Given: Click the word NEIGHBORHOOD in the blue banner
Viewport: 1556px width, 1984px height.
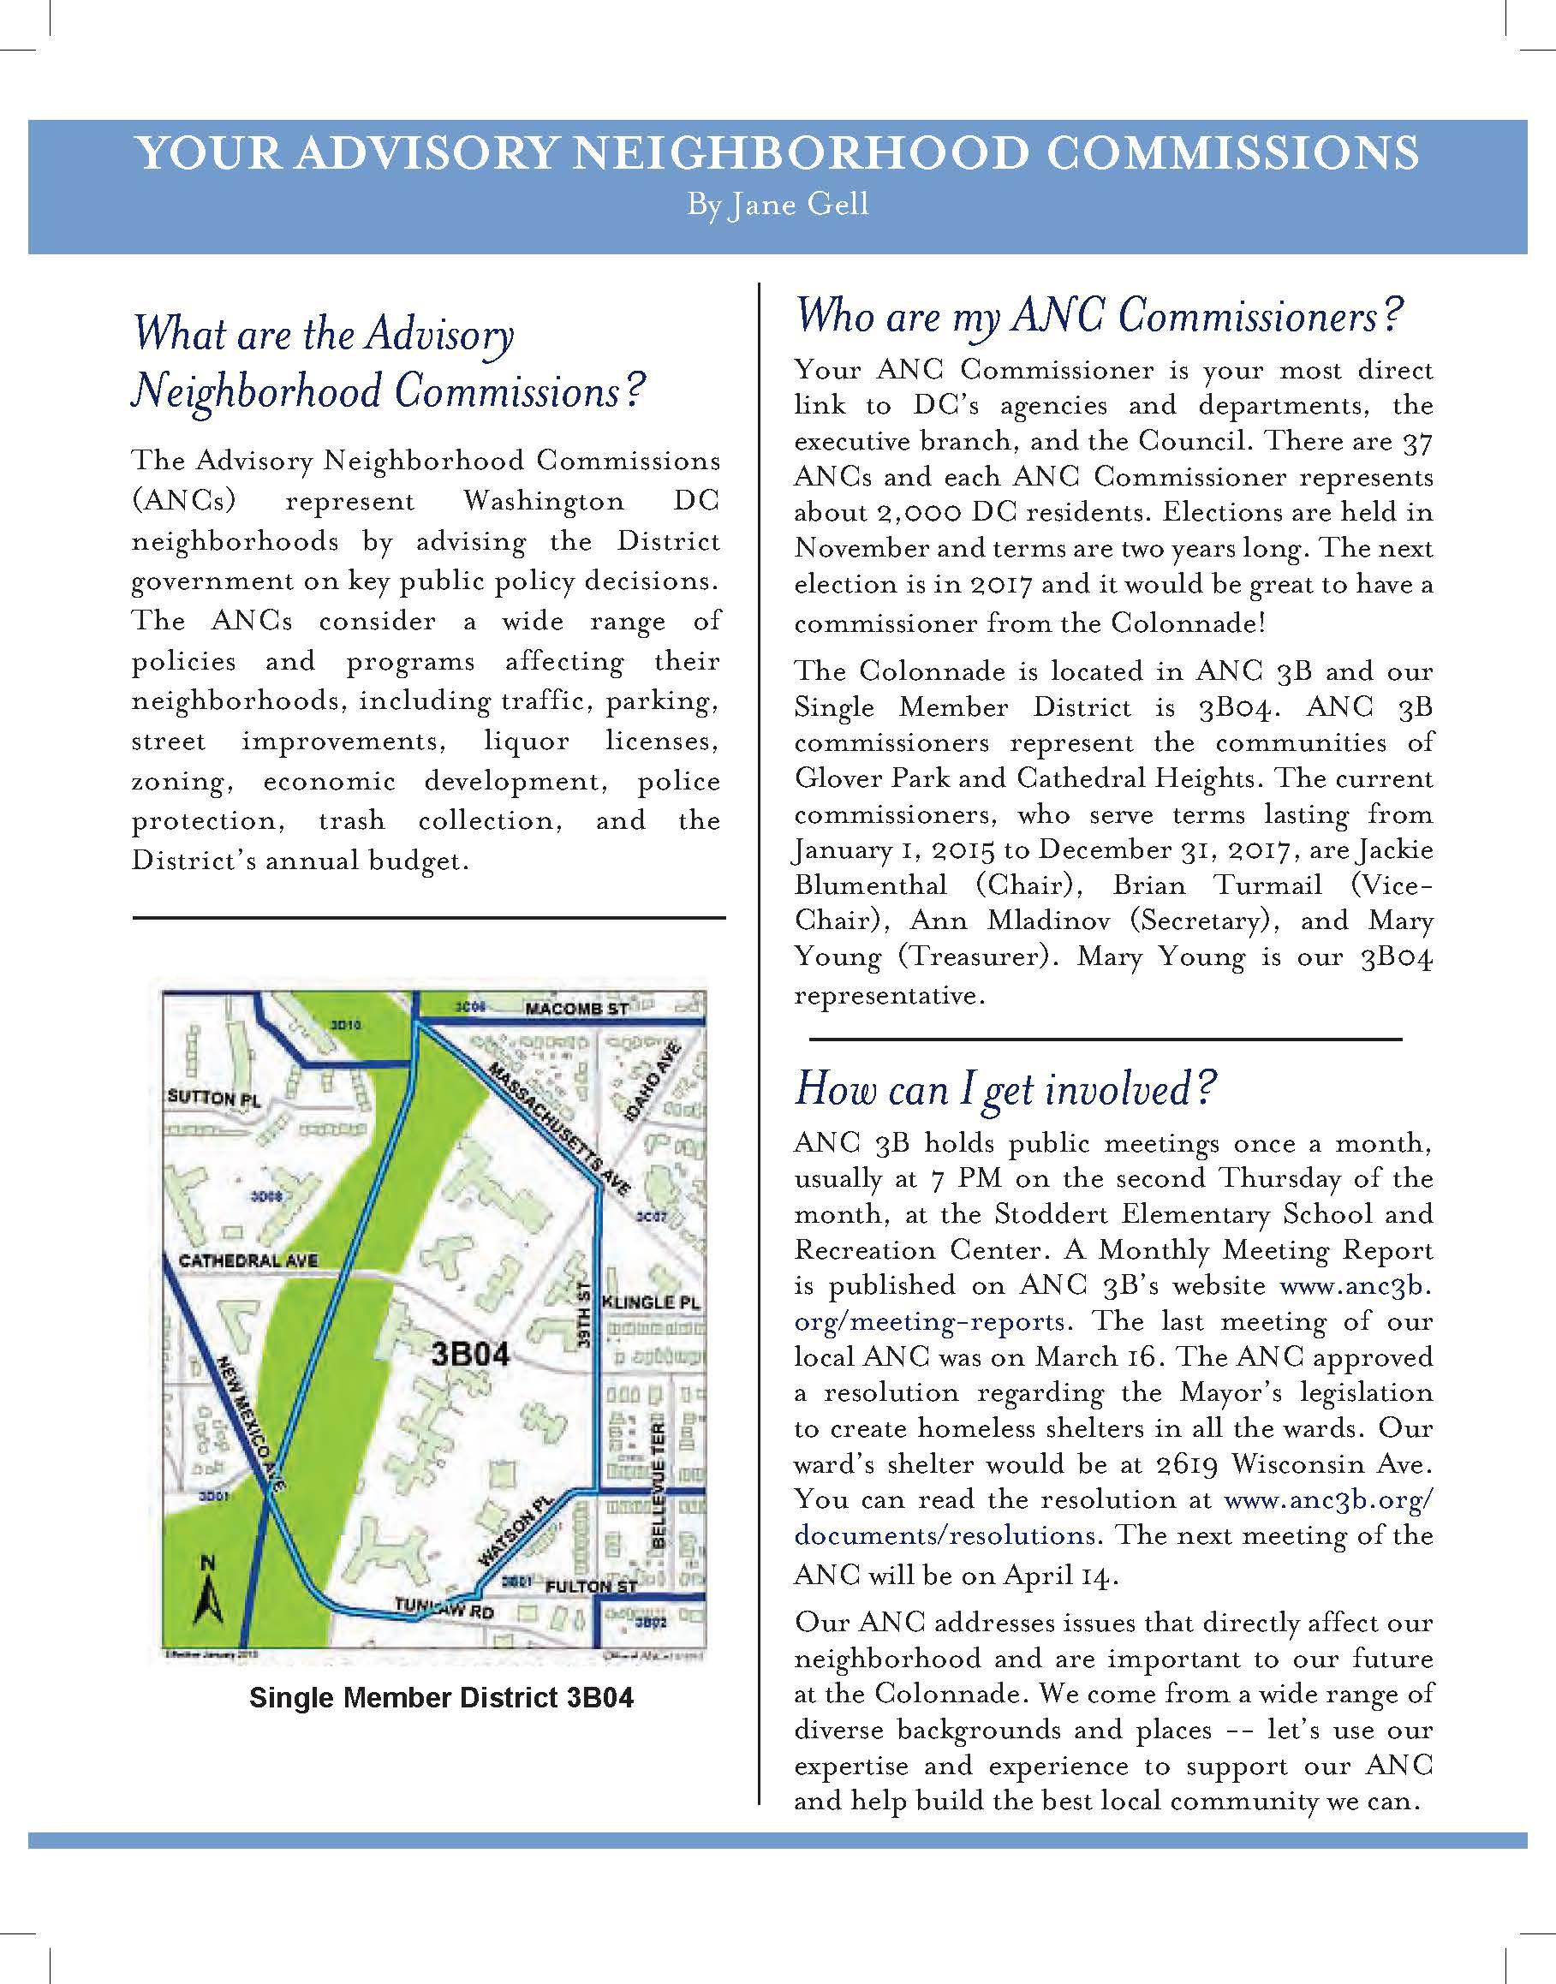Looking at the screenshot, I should tap(802, 153).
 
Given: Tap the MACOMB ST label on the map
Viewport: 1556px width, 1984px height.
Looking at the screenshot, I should tap(576, 1009).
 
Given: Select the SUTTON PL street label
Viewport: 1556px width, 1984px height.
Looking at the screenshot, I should tap(213, 1098).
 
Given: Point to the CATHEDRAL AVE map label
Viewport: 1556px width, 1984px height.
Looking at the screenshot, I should tap(247, 1260).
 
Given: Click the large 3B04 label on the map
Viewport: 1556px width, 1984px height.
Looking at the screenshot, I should tap(470, 1354).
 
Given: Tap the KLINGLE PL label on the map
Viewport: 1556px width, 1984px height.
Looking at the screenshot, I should tap(652, 1302).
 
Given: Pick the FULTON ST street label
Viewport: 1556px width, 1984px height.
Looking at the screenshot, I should tap(590, 1586).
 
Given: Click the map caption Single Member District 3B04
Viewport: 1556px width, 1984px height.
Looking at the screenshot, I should tap(441, 1698).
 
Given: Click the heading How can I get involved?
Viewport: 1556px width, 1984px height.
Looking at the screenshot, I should tap(1005, 1088).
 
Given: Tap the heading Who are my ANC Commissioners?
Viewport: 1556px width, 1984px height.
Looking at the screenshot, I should tap(1099, 315).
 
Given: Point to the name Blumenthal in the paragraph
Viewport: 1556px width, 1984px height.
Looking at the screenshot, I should tap(870, 885).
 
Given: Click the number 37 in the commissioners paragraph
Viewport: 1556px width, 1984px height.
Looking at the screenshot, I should tap(1417, 443).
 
